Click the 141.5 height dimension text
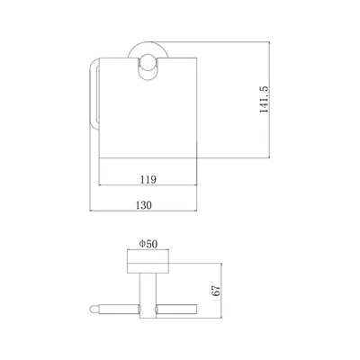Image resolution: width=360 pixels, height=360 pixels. (265, 99)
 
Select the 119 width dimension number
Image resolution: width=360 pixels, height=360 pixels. (148, 179)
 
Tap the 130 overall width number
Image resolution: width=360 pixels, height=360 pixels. (144, 205)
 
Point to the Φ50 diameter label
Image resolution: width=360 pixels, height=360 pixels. (148, 244)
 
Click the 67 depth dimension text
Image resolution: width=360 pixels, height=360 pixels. (216, 291)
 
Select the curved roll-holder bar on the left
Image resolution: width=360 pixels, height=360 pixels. (94, 94)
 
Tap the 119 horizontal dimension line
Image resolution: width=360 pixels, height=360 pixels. (148, 185)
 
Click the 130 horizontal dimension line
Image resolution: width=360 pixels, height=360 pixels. (143, 211)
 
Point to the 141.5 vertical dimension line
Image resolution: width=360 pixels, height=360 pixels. (269, 100)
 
